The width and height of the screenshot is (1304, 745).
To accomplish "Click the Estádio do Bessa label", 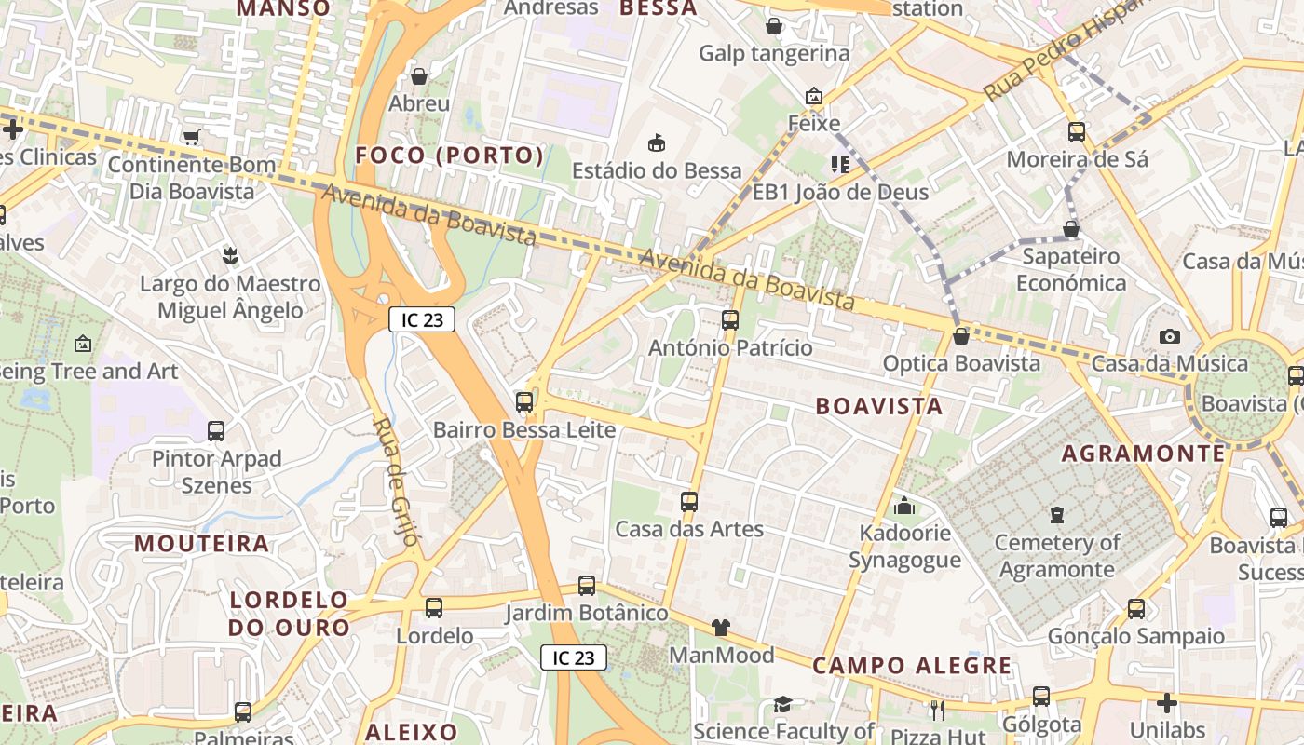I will [x=657, y=170].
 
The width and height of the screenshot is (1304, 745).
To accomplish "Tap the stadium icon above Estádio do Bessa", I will [x=657, y=142].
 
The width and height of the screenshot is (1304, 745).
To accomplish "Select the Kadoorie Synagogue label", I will [x=904, y=547].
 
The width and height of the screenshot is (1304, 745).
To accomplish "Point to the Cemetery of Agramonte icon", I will [x=1056, y=514].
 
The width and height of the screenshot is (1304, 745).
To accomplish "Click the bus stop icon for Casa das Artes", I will [x=689, y=502].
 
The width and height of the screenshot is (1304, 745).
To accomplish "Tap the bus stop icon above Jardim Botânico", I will [x=587, y=586].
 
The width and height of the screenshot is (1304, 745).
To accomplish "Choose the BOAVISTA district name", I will [x=879, y=406].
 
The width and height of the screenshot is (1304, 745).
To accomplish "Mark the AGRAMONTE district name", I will [x=1144, y=454].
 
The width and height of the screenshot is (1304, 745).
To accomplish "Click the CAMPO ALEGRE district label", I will [x=912, y=666].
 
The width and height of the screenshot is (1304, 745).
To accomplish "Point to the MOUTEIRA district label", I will [x=202, y=543].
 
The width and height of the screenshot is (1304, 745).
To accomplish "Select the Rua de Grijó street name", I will [x=396, y=481].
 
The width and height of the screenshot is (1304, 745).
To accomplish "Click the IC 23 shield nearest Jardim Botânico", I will [x=574, y=657].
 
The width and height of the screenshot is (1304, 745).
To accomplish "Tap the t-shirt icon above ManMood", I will [x=721, y=628].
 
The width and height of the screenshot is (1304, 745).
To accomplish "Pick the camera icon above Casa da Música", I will [x=1170, y=336].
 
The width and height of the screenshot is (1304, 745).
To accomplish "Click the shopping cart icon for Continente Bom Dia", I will [x=192, y=138].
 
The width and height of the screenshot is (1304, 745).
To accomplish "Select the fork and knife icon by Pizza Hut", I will [x=938, y=710].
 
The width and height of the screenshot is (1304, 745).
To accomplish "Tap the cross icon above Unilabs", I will [x=1167, y=703].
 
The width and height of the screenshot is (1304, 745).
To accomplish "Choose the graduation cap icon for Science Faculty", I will [x=782, y=705].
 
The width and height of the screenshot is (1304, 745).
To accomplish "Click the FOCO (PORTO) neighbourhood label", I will [x=450, y=156].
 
